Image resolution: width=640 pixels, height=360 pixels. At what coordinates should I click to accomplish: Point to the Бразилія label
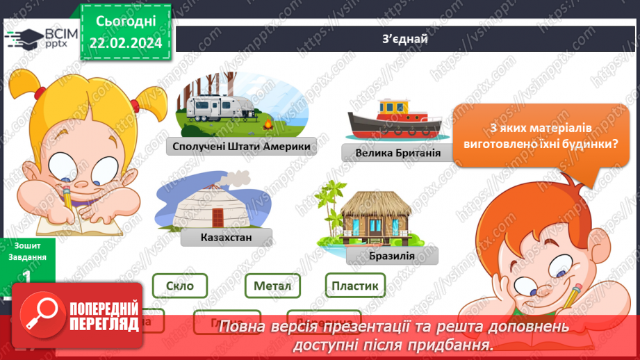[392, 256]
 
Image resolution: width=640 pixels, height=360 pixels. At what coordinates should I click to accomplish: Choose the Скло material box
[179, 285]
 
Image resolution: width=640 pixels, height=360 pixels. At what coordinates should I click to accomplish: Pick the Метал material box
[272, 285]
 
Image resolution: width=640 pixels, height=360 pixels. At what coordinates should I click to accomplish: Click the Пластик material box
[354, 285]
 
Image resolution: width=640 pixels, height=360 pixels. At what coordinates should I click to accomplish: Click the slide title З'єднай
[405, 38]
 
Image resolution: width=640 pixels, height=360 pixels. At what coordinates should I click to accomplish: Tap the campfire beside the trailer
[268, 124]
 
